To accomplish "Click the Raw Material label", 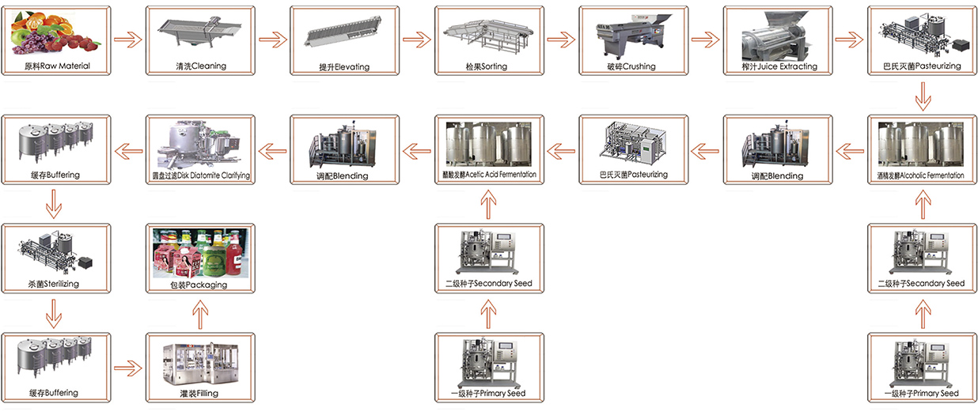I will click(55, 66).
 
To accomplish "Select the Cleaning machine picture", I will click(199, 34).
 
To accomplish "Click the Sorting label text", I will click(488, 66).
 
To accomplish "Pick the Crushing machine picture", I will click(632, 35).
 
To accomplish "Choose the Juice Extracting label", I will click(776, 66).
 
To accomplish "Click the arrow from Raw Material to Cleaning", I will click(127, 39).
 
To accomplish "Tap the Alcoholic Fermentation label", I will click(921, 175).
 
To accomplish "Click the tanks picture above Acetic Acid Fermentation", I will click(488, 143).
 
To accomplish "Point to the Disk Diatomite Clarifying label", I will click(200, 175).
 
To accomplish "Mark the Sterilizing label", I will click(55, 283).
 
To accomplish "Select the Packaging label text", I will click(200, 284).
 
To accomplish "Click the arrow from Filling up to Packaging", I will click(200, 317).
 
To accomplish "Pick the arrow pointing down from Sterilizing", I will click(54, 317).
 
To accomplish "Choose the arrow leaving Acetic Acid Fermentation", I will click(416, 148).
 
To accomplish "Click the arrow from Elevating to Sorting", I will click(416, 39).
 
